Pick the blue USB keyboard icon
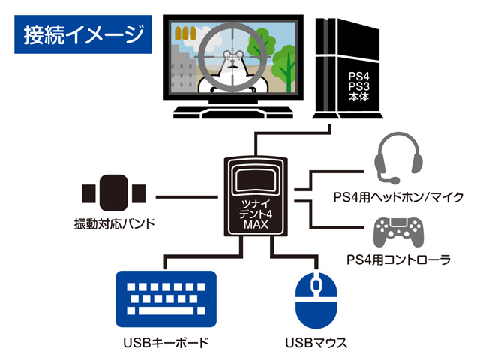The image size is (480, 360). [x=166, y=297]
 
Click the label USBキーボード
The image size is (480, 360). [x=165, y=343]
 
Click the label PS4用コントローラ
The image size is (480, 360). [x=398, y=260]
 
